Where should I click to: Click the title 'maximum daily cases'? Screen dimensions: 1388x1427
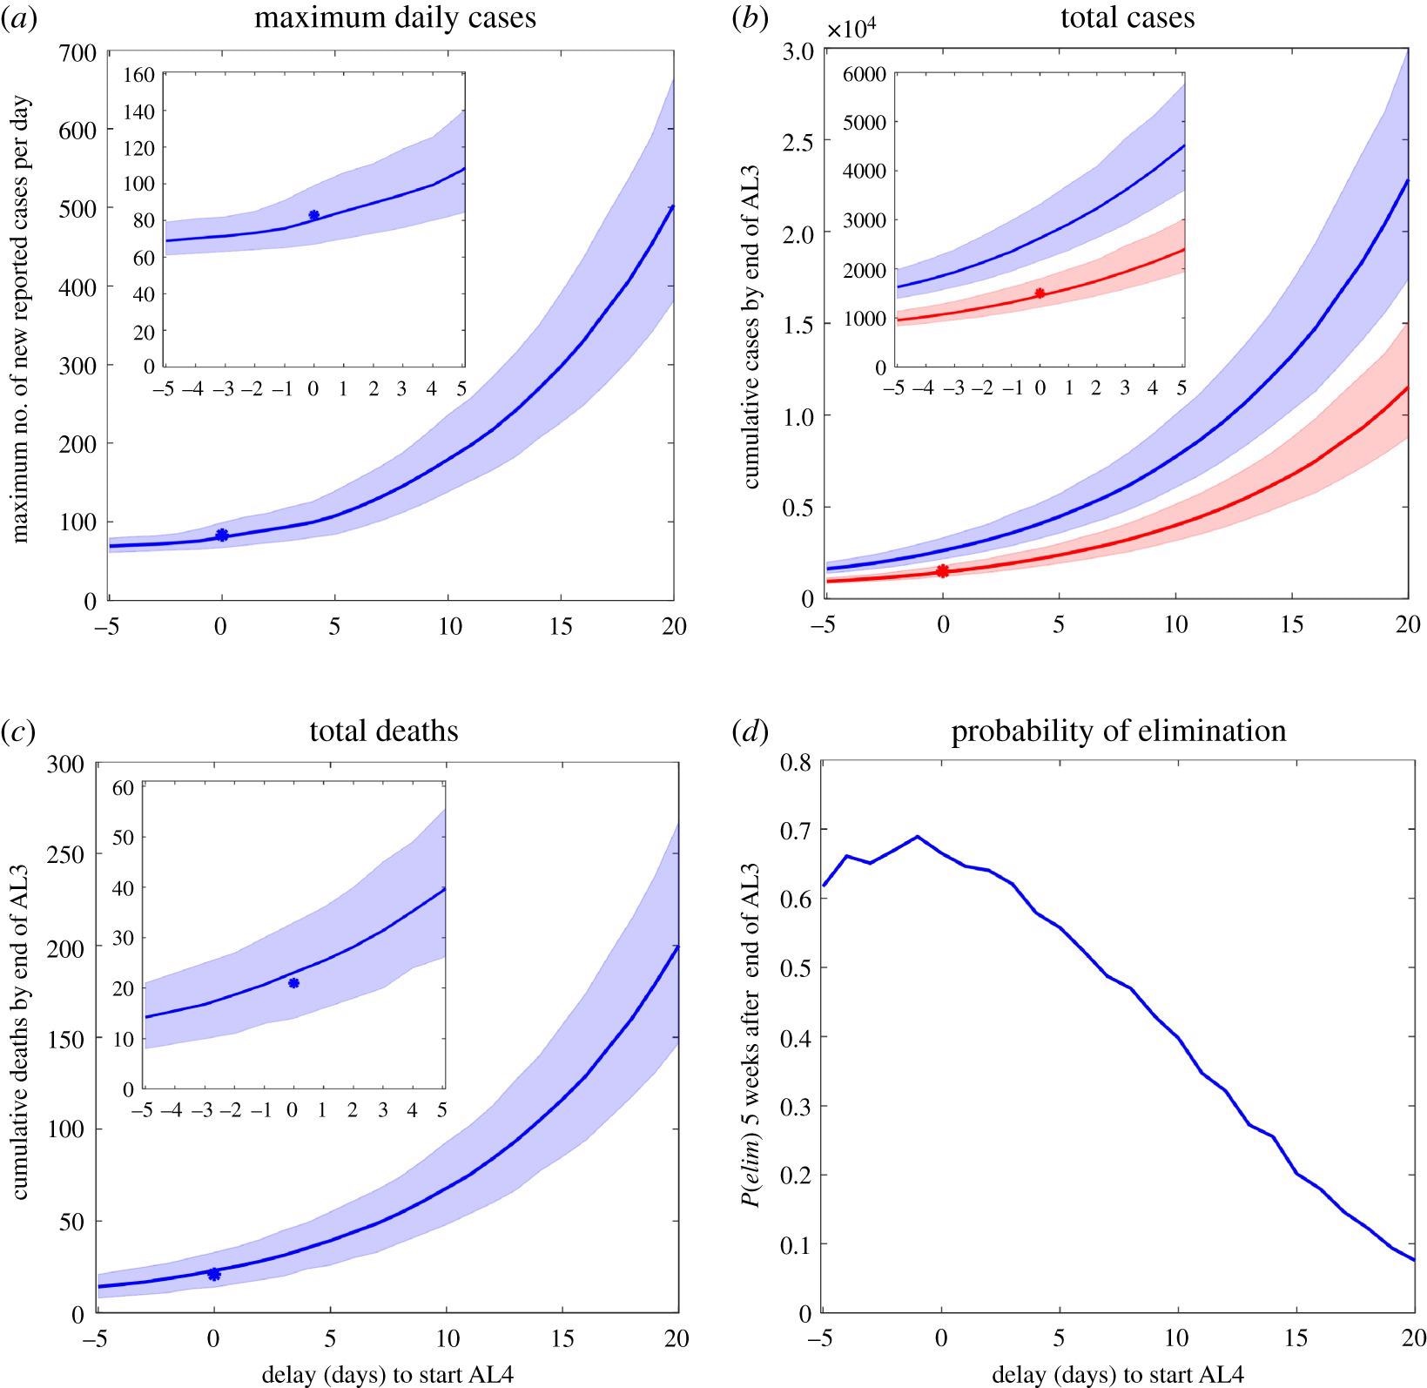394,18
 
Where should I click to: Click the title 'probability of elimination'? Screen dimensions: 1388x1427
1118,731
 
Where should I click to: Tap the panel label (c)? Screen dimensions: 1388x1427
18,731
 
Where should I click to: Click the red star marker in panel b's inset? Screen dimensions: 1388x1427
1040,293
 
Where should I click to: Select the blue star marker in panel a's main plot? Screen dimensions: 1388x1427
222,535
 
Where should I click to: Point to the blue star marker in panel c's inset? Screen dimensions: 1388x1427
293,983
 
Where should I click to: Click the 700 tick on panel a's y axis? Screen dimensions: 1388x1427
78,52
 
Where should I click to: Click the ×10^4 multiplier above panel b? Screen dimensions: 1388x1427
851,30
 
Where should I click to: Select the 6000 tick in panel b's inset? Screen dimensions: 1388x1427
865,75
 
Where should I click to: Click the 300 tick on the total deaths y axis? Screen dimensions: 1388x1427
66,764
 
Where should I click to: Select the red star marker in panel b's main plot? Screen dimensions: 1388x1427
943,571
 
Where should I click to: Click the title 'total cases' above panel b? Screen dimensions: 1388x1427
1127,18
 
